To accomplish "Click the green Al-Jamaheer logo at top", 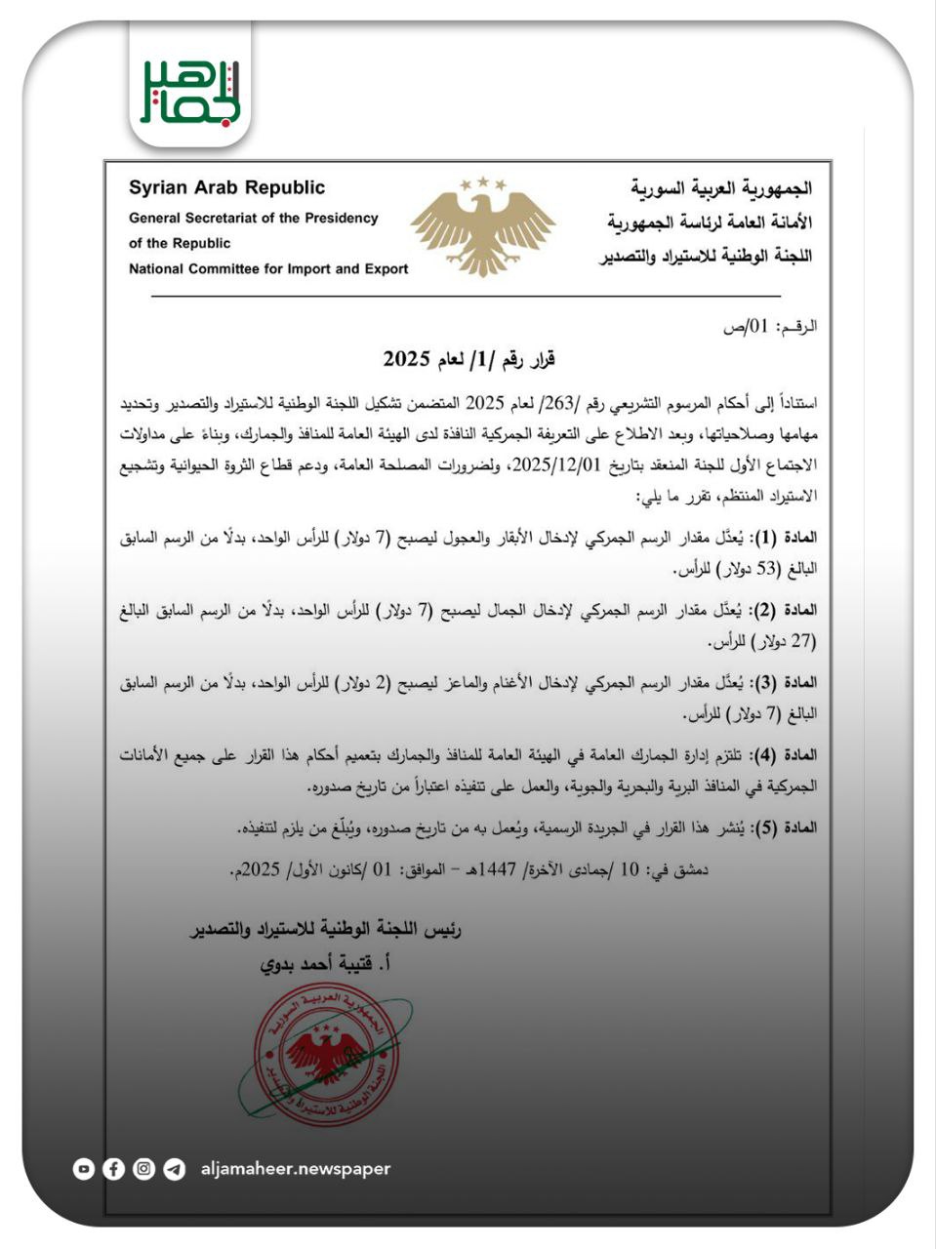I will (190, 92).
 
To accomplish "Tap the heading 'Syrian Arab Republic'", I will (226, 187).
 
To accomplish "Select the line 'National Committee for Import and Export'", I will (268, 268).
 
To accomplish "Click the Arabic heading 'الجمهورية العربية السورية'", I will (721, 187).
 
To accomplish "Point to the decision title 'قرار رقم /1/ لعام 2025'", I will (468, 359).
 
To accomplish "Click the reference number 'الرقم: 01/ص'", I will (770, 327).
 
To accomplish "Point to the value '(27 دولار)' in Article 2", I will (780, 641).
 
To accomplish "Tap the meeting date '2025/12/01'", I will (547, 464).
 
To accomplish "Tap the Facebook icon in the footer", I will (114, 1169).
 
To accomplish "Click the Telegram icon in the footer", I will (175, 1169).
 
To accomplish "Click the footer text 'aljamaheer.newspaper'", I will (295, 1169).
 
